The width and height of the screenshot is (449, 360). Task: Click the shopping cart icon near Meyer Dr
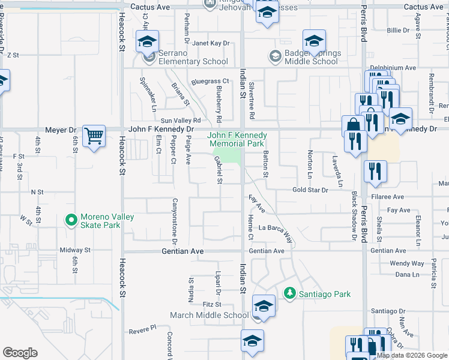coord(94,136)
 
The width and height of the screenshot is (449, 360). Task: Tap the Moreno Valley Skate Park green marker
coord(71,221)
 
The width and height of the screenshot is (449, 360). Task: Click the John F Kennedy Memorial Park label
coord(237,140)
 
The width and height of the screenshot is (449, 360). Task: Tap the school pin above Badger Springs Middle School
coord(313,41)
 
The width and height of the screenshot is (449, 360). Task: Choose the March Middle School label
coord(209,315)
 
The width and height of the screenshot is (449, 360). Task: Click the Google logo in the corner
coord(20,353)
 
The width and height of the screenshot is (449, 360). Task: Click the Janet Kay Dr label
coord(211,43)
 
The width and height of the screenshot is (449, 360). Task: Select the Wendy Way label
coord(406,263)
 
